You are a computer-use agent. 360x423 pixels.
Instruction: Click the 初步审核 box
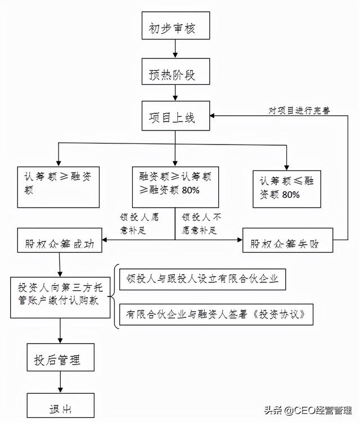(x=175, y=25)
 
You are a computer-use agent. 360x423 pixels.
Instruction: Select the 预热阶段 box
(x=175, y=71)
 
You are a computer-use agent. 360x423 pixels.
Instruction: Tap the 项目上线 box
(x=175, y=116)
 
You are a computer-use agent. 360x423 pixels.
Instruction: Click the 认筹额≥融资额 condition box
(x=58, y=187)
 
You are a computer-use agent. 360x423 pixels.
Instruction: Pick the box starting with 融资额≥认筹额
(x=175, y=187)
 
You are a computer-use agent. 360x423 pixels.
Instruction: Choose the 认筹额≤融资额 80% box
(x=287, y=189)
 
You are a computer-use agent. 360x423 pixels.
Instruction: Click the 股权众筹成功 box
(x=60, y=240)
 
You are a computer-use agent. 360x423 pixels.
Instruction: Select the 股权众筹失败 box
(x=287, y=240)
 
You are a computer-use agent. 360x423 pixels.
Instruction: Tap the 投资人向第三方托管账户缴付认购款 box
(x=60, y=298)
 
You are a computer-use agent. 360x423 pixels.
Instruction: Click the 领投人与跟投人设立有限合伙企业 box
(x=202, y=279)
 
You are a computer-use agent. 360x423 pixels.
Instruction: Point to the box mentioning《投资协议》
(x=216, y=314)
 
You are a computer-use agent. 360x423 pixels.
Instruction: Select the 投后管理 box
(x=60, y=357)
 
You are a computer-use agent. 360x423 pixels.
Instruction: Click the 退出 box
(x=60, y=405)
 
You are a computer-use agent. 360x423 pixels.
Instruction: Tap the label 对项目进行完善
(x=299, y=110)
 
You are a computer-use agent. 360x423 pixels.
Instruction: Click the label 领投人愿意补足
(x=139, y=224)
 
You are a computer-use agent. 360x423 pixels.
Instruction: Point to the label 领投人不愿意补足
(x=201, y=224)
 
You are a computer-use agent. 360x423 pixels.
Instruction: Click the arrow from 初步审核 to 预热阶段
(x=175, y=48)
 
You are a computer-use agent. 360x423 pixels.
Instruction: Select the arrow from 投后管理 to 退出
(x=60, y=382)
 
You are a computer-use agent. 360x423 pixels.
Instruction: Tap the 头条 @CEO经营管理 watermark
(x=308, y=410)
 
